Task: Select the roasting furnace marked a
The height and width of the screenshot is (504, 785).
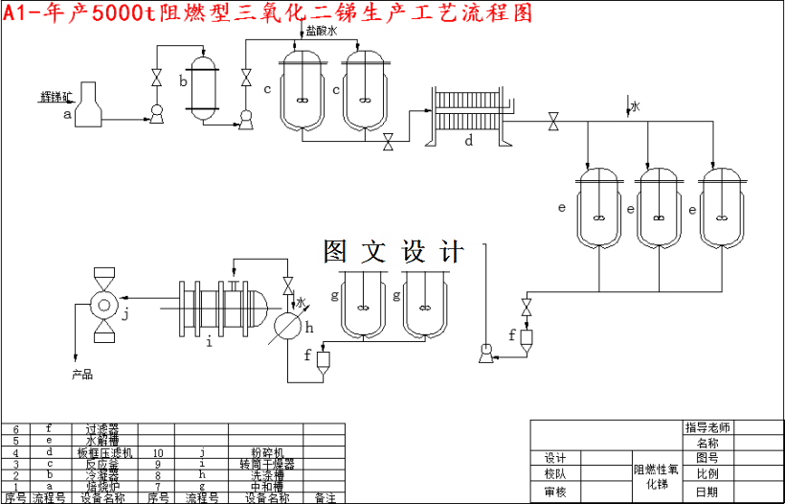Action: pos(90,105)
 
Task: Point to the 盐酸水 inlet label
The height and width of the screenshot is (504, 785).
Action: pos(322,32)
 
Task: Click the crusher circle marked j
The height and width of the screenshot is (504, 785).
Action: pos(102,306)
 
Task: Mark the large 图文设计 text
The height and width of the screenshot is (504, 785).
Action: pos(393,251)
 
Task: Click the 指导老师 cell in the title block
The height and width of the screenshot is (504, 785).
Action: pos(707,427)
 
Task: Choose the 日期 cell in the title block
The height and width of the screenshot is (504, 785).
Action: pos(707,492)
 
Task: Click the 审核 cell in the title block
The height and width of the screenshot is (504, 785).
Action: pos(555,492)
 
